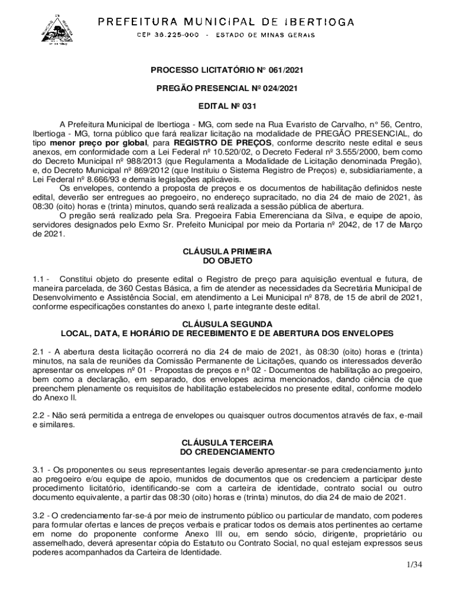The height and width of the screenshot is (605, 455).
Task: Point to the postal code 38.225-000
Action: coord(167,35)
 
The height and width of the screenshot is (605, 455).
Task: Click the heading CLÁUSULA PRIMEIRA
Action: coord(227,251)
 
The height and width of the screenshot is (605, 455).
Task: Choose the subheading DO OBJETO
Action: coord(227,260)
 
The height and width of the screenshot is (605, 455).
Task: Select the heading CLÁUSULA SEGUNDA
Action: coord(227,324)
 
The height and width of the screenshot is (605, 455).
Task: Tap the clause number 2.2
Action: coord(40,416)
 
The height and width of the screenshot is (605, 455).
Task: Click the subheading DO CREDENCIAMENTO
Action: coord(227,452)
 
